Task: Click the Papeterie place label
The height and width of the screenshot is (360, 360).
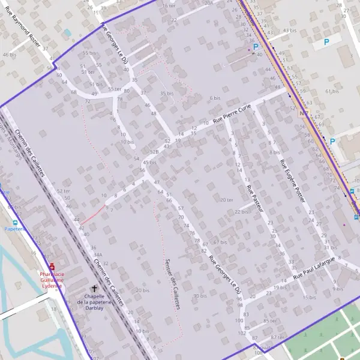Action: coord(14,229)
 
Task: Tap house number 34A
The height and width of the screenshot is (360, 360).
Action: coord(97,254)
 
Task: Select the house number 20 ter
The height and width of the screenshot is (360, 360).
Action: coord(226,200)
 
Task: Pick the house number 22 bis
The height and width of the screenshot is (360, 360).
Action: coord(242,212)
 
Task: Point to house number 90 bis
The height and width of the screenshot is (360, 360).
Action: coord(199,296)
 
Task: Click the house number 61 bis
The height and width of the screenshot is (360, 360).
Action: coord(332,91)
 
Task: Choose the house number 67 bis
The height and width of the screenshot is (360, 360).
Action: coord(220,242)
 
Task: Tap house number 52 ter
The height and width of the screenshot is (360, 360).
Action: coord(62,190)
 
